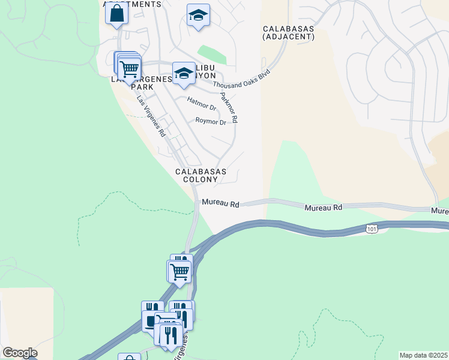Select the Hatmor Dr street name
click(x=202, y=104)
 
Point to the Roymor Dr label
click(x=211, y=121)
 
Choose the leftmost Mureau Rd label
click(x=220, y=204)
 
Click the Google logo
click(x=20, y=353)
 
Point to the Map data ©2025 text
click(x=423, y=355)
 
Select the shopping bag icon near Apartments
click(x=116, y=13)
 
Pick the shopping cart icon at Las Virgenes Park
click(x=129, y=68)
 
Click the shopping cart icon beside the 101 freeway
click(x=180, y=271)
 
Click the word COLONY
click(x=200, y=179)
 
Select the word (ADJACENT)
click(x=288, y=37)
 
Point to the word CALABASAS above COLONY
click(x=200, y=172)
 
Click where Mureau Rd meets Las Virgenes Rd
click(x=197, y=203)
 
